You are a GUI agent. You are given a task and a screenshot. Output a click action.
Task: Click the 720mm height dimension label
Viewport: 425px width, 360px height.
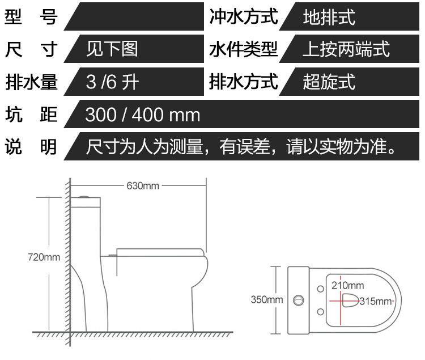coord(44,257)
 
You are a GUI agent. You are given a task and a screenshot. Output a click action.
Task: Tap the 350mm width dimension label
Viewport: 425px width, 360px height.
coord(266,299)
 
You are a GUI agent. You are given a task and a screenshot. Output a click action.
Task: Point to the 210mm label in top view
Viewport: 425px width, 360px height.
coord(348,285)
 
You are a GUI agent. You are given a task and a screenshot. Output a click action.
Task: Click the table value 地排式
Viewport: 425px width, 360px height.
coord(329,17)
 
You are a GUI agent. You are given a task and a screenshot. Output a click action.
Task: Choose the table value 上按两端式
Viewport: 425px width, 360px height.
coord(346,49)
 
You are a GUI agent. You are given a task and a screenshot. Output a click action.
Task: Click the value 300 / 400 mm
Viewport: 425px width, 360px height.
coord(143,115)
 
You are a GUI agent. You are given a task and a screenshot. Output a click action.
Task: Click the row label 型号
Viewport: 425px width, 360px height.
coord(31,17)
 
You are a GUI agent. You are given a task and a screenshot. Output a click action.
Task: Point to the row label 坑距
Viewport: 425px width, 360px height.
coord(31,115)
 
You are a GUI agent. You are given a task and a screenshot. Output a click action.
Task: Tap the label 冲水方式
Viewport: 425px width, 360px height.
coord(244,17)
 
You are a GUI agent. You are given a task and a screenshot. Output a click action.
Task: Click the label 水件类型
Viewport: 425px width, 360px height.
coord(244,49)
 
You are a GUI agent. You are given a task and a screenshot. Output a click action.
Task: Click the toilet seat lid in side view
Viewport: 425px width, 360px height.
coord(161,251)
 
